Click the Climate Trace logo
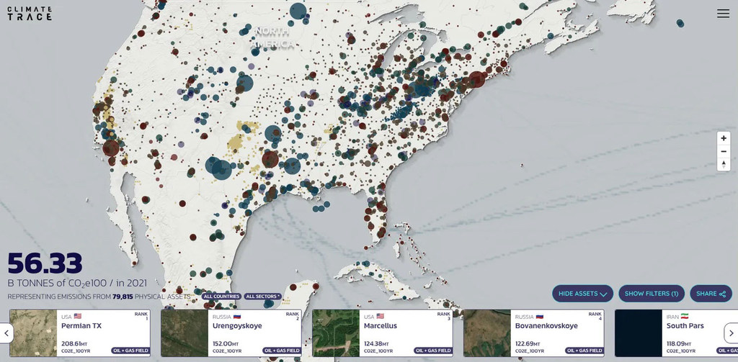(30, 13)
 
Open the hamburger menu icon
(723, 14)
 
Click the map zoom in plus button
(724, 138)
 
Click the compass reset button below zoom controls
(724, 164)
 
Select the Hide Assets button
(582, 294)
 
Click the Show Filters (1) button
(652, 294)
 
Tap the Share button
(711, 294)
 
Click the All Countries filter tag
(221, 297)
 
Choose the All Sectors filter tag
(262, 297)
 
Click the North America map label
(272, 38)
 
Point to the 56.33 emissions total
(45, 263)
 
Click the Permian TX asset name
(81, 326)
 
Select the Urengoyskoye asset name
(238, 326)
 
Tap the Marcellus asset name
(381, 326)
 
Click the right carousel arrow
(730, 332)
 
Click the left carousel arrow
(6, 332)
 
